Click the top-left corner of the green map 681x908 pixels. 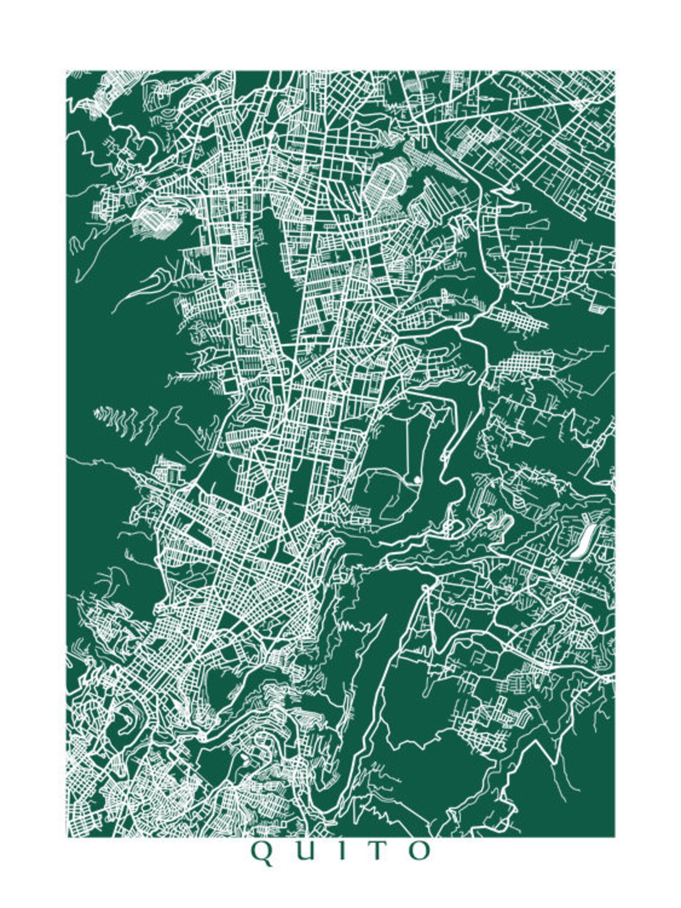coord(66,71)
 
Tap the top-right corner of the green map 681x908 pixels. coord(615,71)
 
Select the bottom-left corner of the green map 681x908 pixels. coord(66,837)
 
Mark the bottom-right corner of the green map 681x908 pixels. coord(615,837)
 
